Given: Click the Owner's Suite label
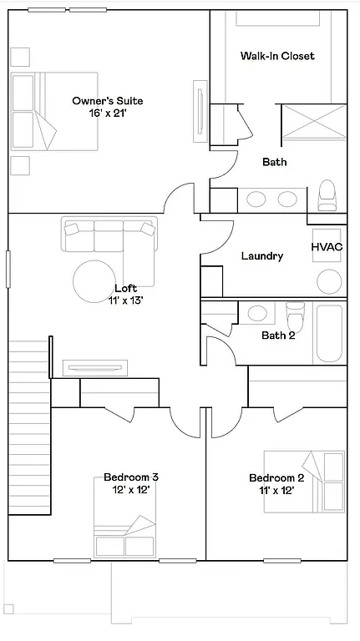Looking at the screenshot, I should pos(99,100).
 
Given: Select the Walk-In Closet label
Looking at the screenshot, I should pos(277,56).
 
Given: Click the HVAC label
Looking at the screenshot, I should pos(327,248).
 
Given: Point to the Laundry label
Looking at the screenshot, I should pos(261,256).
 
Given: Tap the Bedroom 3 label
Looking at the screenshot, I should pos(131,477).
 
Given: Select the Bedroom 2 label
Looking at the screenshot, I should pos(276,478).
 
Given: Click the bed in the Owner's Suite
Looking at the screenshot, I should pos(54,112).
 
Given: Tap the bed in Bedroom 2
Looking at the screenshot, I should pos(305,479).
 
